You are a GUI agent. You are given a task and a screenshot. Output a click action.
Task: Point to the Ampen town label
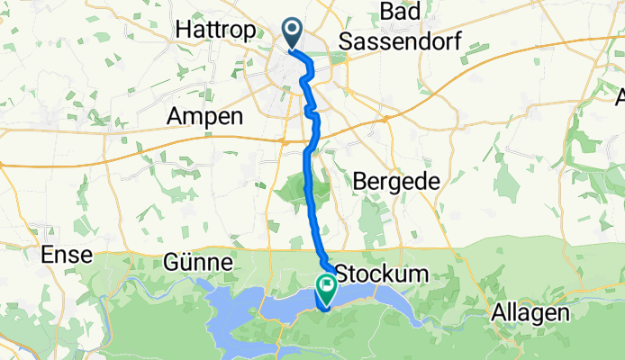tap(205, 116)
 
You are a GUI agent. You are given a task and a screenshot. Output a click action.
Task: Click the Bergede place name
tap(397, 180)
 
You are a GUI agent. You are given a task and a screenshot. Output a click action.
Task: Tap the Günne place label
tap(199, 263)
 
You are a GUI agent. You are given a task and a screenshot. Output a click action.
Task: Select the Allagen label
tap(531, 313)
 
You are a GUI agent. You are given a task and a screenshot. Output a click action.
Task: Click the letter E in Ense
tap(47, 256)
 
